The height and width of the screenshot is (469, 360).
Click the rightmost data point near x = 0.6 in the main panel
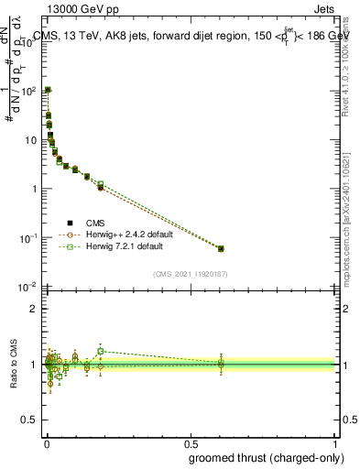(x=220, y=248)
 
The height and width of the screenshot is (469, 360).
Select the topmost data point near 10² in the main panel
(x=48, y=91)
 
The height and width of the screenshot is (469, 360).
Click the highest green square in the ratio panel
(x=101, y=351)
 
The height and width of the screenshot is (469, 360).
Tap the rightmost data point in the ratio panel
(x=220, y=364)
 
